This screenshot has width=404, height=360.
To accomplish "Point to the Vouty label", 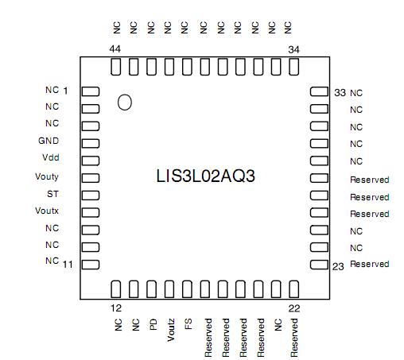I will pos(47,176).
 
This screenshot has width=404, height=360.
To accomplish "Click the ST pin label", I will pos(53,194).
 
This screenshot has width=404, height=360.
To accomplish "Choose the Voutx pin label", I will pos(47,211).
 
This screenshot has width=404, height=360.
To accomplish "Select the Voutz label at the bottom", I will pos(170,329).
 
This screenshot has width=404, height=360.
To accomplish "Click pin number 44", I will pos(115,49).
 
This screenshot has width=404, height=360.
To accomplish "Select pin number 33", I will pos(340,93).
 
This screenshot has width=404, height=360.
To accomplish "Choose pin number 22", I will pos(293,307).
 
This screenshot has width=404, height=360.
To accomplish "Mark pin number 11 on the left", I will pos(68,264).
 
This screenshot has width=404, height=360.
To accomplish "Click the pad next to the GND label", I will pos(90,142).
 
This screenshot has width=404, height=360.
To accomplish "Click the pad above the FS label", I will pos(188,288).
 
